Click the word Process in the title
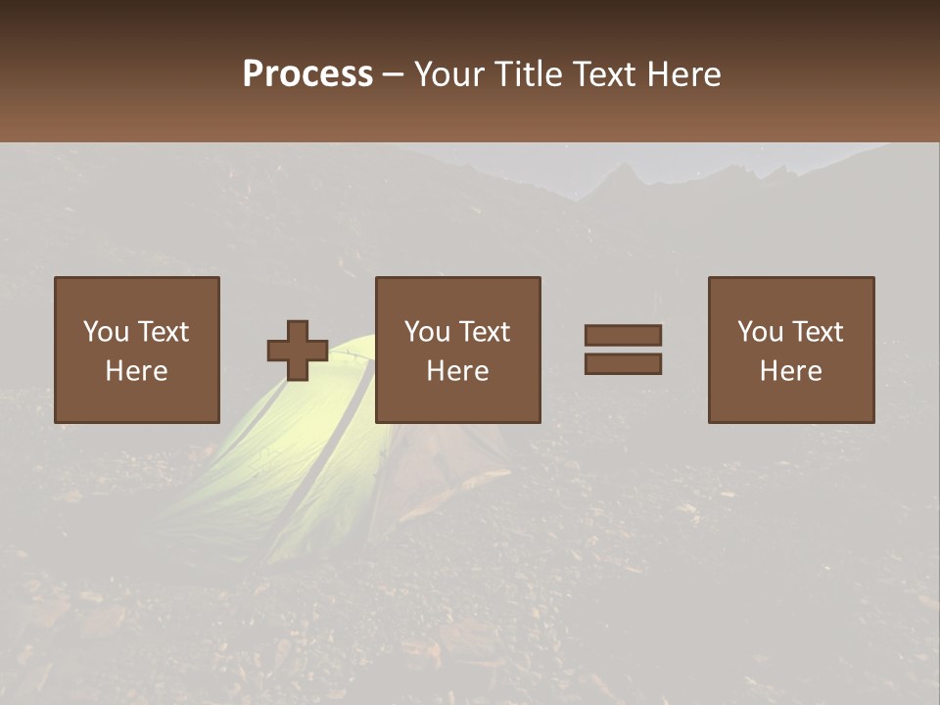307,74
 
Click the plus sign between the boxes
298,351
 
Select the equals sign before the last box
623,350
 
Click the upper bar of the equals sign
623,336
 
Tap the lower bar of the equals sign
623,363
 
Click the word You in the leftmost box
106,332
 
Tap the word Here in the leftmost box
137,371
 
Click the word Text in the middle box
485,332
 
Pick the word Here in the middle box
458,371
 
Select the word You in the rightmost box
760,332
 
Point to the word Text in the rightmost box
818,332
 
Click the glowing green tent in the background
294,460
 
